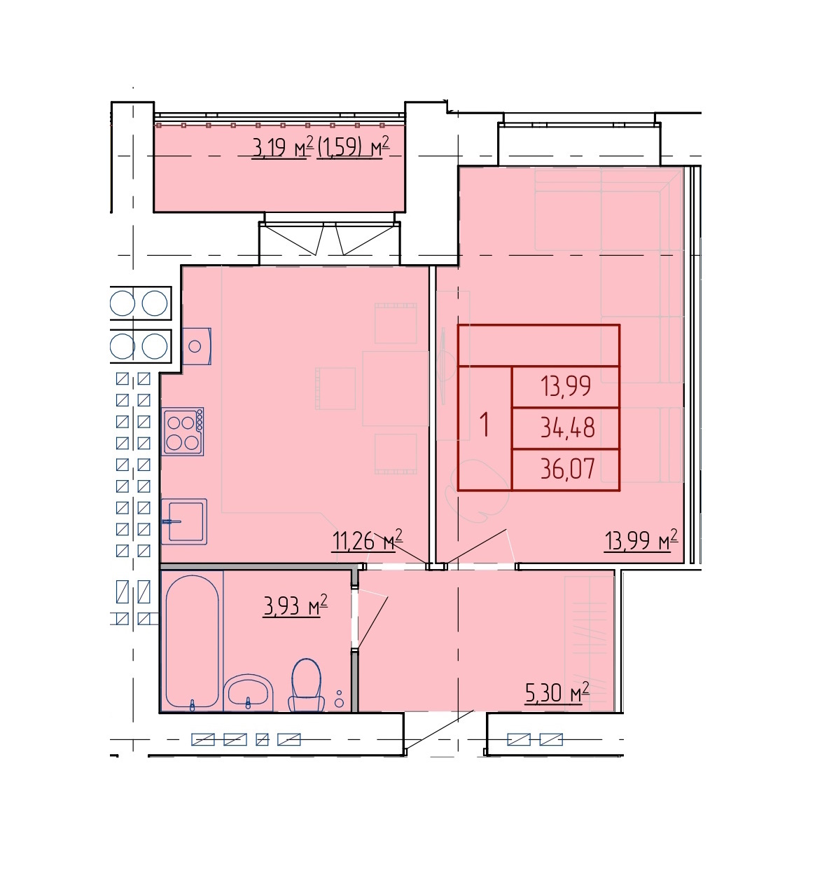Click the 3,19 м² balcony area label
click(283, 146)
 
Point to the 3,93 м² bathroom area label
click(295, 605)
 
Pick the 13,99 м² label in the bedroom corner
click(641, 540)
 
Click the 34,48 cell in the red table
click(565, 427)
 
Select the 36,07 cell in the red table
click(565, 470)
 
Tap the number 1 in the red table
click(485, 424)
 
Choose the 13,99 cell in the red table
click(565, 386)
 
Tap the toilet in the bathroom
click(306, 685)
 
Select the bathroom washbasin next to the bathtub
click(248, 692)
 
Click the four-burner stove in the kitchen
click(183, 431)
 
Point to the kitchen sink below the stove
click(183, 521)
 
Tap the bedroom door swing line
click(476, 547)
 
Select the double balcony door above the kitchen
click(329, 238)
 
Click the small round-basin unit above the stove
click(196, 346)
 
